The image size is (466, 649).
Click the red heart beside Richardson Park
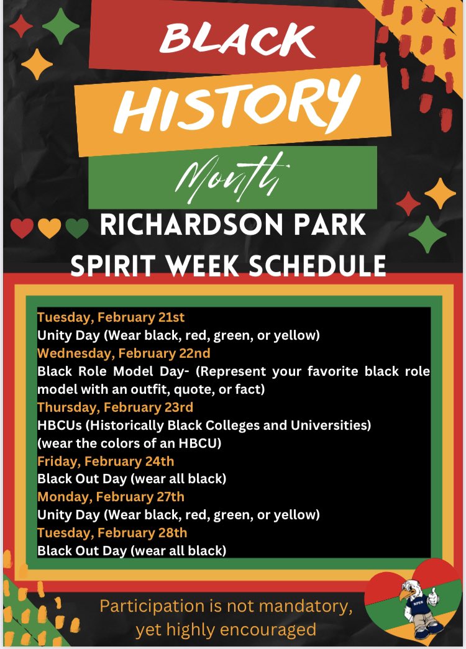[x=22, y=229]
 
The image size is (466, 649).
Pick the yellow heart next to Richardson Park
[x=49, y=229]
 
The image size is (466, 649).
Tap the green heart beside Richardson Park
[x=77, y=229]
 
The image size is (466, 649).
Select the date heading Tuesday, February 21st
[x=111, y=317]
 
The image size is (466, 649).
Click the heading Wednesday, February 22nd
[x=124, y=353]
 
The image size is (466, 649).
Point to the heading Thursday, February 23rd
[x=115, y=407]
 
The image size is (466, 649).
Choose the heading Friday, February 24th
[x=106, y=461]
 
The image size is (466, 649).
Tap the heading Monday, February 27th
[x=111, y=497]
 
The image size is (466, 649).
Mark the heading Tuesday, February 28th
[x=112, y=532]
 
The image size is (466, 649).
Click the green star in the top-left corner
[x=60, y=26]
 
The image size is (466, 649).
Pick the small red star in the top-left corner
[x=21, y=26]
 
